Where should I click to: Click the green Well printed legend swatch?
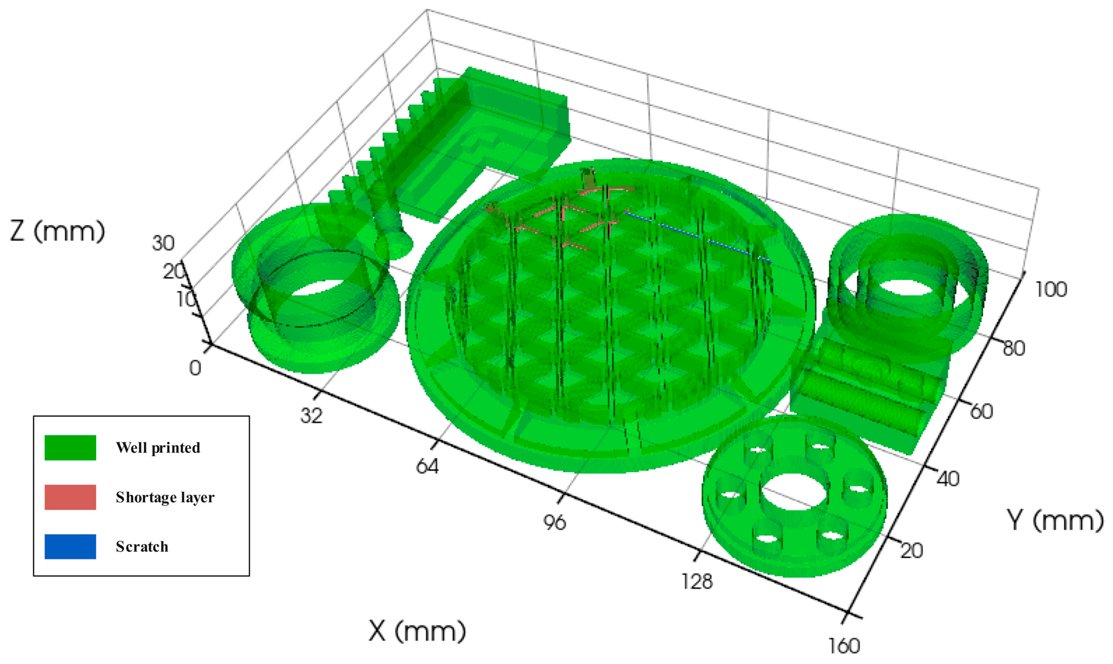coord(70,447)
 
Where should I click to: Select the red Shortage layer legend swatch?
coord(70,497)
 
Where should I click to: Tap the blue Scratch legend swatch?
coord(70,546)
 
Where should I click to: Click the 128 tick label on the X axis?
coord(697,581)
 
